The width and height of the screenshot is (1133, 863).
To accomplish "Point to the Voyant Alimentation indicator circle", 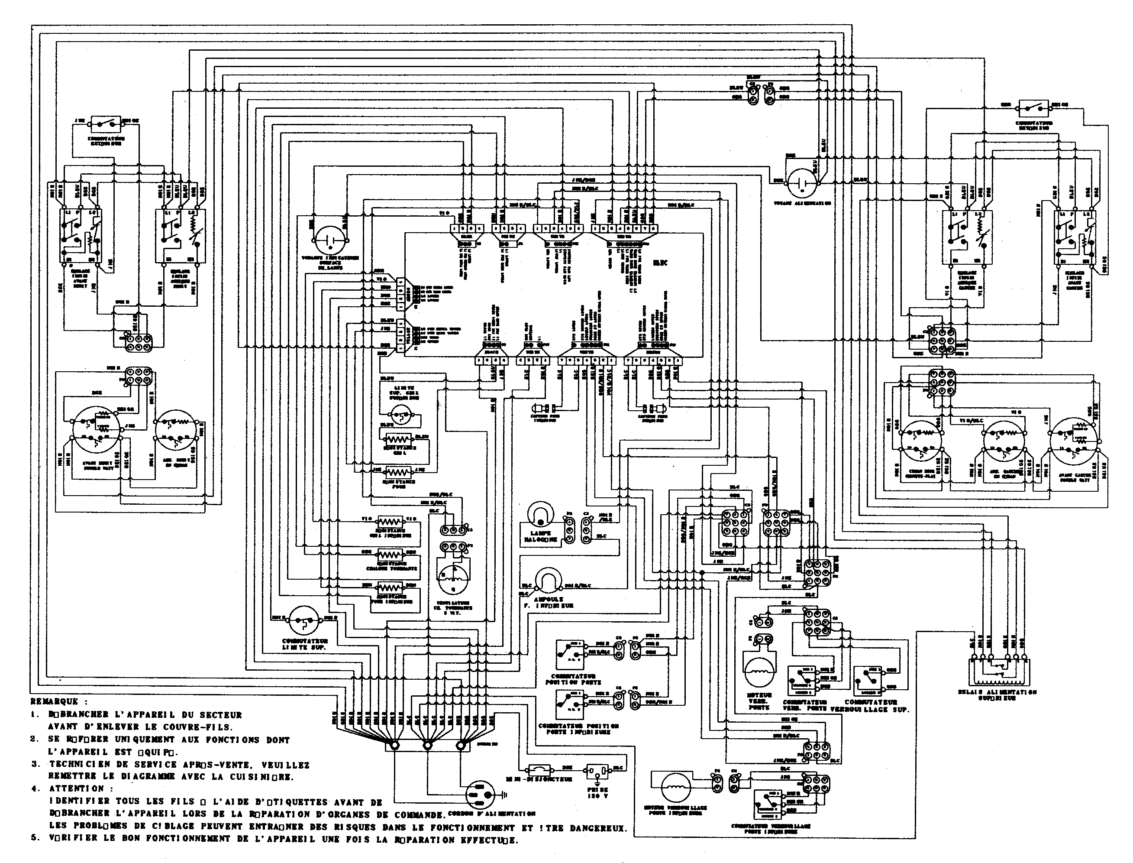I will (x=801, y=183).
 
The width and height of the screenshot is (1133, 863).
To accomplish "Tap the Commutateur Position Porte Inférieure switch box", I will (x=569, y=704).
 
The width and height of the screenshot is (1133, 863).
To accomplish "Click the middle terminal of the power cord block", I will (x=426, y=745).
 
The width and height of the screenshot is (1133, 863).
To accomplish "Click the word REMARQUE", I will (x=55, y=701).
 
